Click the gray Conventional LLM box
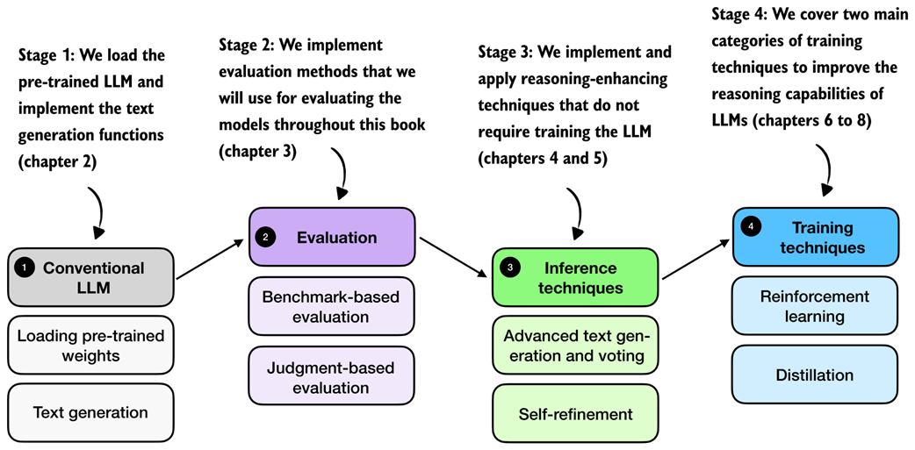click(x=91, y=277)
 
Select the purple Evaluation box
click(x=332, y=237)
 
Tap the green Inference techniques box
click(x=575, y=277)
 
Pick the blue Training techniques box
click(x=815, y=237)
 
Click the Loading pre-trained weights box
click(x=91, y=345)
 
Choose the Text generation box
click(x=91, y=412)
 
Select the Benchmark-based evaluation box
click(x=332, y=307)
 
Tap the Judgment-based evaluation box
click(x=332, y=376)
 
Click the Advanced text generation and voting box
click(x=575, y=345)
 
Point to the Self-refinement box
click(x=575, y=413)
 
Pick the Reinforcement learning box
click(x=815, y=306)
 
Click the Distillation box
click(x=815, y=375)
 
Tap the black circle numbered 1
click(x=25, y=268)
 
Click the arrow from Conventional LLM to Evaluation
click(x=210, y=260)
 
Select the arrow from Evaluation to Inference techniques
click(x=454, y=257)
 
